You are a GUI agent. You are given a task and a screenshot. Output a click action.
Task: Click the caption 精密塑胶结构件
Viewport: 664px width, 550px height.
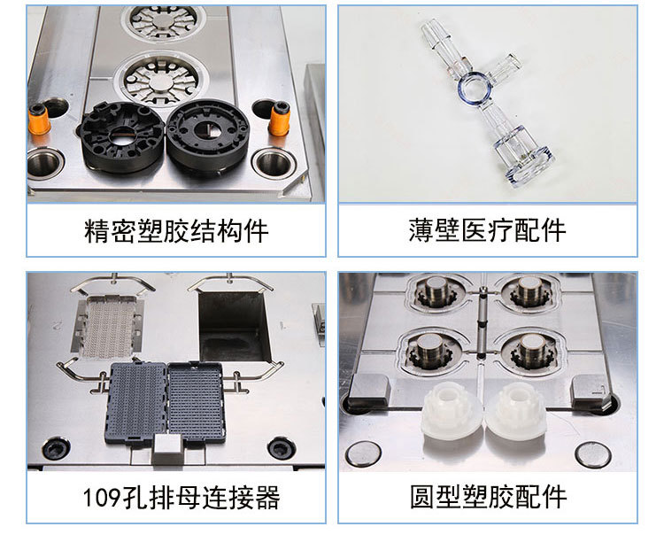click(176, 231)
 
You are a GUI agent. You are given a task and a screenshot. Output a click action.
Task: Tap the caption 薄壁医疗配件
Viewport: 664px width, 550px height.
click(488, 230)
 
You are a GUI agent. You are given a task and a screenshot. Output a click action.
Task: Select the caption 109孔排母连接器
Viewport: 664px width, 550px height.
click(181, 497)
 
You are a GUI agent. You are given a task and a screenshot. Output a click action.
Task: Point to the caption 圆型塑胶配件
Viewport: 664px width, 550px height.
click(488, 497)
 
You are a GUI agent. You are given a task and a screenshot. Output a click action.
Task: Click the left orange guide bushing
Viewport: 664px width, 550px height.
click(39, 120)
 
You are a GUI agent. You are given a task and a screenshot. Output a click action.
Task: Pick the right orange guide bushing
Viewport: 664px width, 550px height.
click(280, 120)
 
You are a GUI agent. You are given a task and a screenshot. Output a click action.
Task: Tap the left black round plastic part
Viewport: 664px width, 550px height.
click(122, 136)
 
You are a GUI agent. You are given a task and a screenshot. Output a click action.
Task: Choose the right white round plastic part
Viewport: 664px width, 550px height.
click(516, 410)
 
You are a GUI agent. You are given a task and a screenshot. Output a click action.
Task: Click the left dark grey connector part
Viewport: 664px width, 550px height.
click(137, 402)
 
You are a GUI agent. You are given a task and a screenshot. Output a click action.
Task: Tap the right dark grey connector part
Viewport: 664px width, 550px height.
click(197, 400)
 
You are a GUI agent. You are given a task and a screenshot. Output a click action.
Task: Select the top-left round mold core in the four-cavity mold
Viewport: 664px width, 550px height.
click(437, 290)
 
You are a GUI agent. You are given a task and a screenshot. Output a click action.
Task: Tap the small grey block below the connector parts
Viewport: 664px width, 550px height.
click(167, 449)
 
